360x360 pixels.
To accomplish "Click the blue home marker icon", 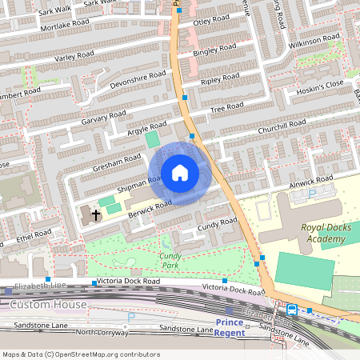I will coord(180,174).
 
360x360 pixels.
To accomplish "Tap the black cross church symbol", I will coord(96,215).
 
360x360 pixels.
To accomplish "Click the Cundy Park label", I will coord(170,260).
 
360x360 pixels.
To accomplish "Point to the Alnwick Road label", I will coord(310,182).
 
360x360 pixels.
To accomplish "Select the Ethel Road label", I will coord(33,236).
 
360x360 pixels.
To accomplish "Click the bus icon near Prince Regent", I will coord(291,310).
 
